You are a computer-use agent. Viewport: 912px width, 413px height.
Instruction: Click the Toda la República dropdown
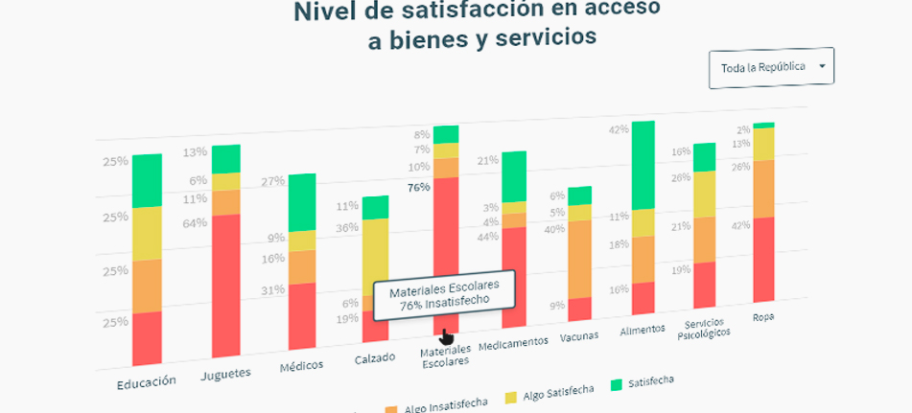771,68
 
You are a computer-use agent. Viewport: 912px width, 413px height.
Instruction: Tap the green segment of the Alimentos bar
643,165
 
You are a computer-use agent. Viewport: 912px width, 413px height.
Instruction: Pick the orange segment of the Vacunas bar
579,260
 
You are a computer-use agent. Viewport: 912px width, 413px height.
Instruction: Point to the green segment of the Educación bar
147,180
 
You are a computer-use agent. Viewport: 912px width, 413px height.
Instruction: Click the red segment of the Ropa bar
763,259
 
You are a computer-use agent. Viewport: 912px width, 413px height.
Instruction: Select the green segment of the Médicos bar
302,202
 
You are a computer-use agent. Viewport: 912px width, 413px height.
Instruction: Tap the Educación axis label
147,381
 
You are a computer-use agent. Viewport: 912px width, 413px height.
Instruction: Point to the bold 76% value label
418,188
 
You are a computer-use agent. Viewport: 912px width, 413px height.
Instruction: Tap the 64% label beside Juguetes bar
195,223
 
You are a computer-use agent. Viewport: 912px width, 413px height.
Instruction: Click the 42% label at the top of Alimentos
619,129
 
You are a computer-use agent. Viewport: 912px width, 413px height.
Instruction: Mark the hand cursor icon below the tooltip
447,336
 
